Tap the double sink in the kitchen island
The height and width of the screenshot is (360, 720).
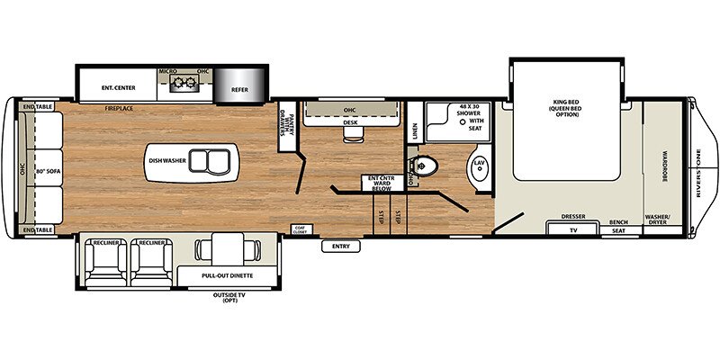(x=215, y=163)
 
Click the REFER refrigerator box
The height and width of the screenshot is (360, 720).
(x=239, y=89)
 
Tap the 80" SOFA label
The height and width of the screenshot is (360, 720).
(x=46, y=169)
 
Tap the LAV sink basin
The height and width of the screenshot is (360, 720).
(x=479, y=165)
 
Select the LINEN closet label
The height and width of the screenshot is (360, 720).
(x=415, y=132)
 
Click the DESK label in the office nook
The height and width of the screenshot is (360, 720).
(x=350, y=123)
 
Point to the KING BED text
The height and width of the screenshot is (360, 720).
(x=565, y=106)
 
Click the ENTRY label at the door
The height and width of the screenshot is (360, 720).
(x=340, y=246)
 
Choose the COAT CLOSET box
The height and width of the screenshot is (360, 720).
(x=300, y=229)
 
